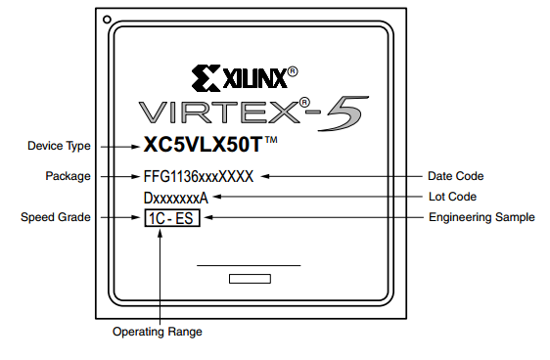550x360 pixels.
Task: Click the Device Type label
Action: tap(59, 146)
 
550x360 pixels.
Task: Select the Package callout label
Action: tap(68, 176)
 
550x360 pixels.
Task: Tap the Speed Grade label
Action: tap(56, 217)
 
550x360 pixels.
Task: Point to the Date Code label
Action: tap(456, 176)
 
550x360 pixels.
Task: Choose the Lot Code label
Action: tap(452, 197)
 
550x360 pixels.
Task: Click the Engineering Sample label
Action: tap(481, 217)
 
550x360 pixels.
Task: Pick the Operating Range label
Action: tap(158, 332)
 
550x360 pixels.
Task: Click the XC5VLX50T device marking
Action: tap(204, 144)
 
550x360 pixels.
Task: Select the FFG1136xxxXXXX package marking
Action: tap(199, 176)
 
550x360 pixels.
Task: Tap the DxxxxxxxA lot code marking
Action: tap(176, 198)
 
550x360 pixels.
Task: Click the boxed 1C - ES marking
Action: tap(172, 218)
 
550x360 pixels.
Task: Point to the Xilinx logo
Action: tap(245, 78)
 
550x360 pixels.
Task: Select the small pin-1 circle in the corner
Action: tap(107, 20)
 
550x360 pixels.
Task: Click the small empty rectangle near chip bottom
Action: tap(250, 279)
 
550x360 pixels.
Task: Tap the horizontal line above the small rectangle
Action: tap(249, 266)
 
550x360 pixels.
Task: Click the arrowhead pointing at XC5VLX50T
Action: tap(135, 147)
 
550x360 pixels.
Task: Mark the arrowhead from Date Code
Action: tap(265, 176)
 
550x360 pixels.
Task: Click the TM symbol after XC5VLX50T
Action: tap(271, 140)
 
